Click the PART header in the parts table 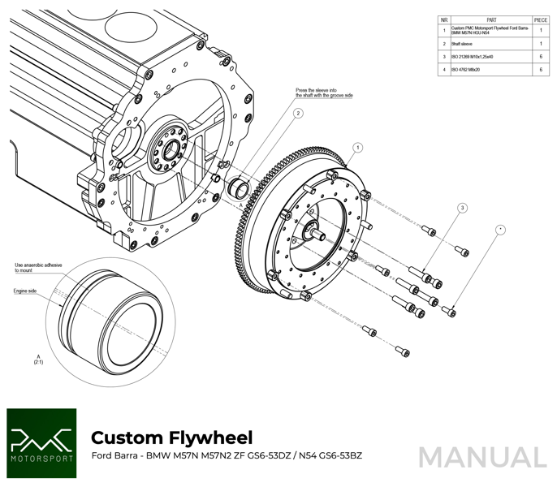(491, 19)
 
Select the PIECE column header (541, 19)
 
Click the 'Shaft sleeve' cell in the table (463, 43)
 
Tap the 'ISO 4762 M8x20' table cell (466, 71)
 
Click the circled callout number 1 (357, 148)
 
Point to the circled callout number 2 (298, 113)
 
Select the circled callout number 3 (461, 209)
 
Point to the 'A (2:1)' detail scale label (38, 359)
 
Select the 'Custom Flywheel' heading (171, 437)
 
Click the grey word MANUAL (482, 457)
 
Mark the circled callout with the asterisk (501, 230)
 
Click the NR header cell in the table (444, 19)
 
